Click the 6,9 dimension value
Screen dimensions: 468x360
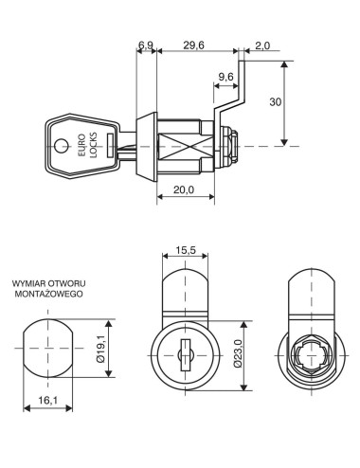coord(145,45)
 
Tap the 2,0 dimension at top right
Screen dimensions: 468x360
coord(261,45)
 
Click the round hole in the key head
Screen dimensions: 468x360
coord(63,145)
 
